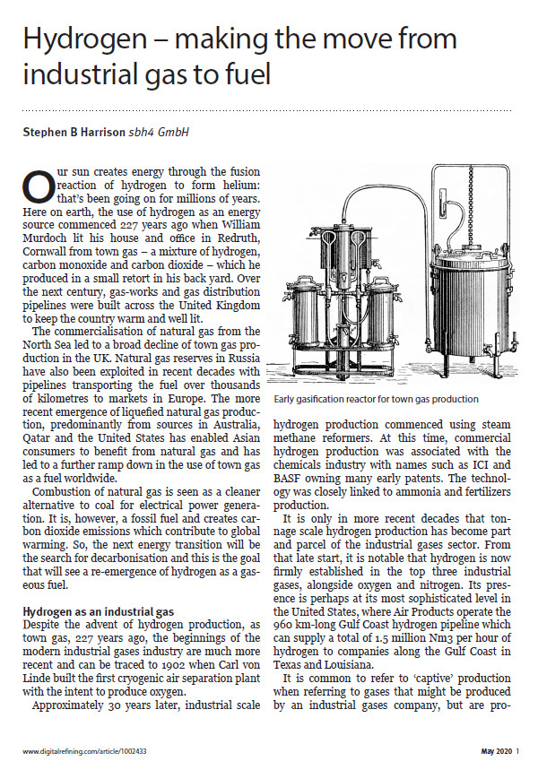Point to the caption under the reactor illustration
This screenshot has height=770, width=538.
point(377,398)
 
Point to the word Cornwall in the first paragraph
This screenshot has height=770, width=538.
point(48,244)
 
